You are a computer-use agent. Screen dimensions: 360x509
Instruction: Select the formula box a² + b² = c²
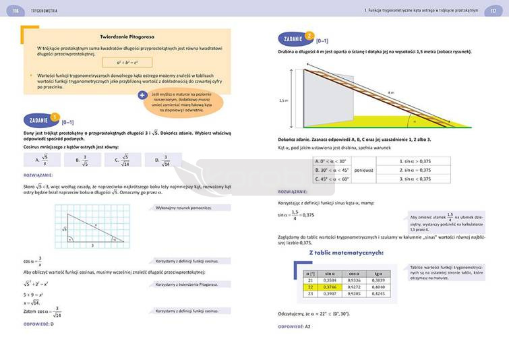point(127,62)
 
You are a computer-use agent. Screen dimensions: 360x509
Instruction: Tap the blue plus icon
point(142,96)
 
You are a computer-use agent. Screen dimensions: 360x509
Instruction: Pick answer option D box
point(163,160)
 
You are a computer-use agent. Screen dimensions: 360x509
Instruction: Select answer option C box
point(123,160)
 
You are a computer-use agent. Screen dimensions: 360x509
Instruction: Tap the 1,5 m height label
point(284,100)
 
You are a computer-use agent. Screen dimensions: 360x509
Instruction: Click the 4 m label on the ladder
point(391,92)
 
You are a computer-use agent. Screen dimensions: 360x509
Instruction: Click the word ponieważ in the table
point(364,171)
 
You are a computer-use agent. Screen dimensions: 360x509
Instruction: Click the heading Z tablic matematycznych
point(346,253)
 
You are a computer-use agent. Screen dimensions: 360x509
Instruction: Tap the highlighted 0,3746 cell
point(330,287)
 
